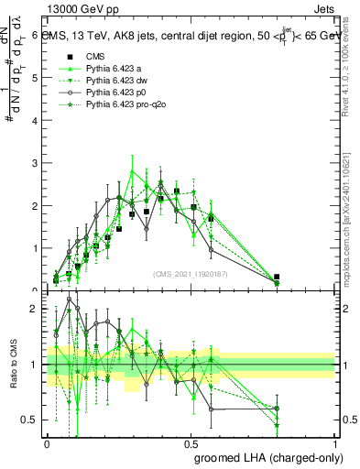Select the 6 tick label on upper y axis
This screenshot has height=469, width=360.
click(x=34, y=36)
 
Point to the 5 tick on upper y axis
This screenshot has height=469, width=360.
click(x=34, y=78)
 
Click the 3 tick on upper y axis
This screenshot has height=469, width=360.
click(x=34, y=163)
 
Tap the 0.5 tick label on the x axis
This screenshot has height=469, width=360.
click(x=191, y=442)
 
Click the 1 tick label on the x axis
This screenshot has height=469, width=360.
click(x=334, y=442)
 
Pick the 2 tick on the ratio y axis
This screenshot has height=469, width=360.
click(x=34, y=309)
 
